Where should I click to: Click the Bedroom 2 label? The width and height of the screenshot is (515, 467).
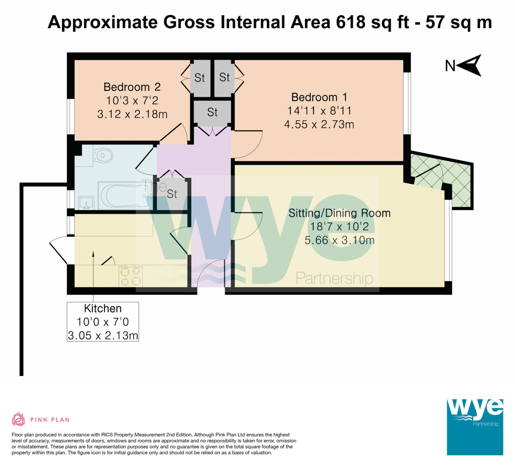(x=132, y=87)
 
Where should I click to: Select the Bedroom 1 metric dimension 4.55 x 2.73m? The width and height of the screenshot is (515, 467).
(x=319, y=125)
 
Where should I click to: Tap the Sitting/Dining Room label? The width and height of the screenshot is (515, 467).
(x=339, y=213)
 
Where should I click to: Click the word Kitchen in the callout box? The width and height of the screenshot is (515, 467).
(x=102, y=309)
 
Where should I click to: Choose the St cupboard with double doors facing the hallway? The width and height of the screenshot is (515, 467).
(x=212, y=113)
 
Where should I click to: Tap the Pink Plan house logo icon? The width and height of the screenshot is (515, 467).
(x=18, y=420)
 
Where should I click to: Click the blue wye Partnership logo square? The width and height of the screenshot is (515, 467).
(x=475, y=427)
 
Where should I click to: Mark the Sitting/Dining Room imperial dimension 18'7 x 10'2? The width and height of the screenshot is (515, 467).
(x=339, y=227)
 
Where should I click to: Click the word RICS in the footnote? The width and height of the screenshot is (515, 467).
(x=107, y=435)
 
